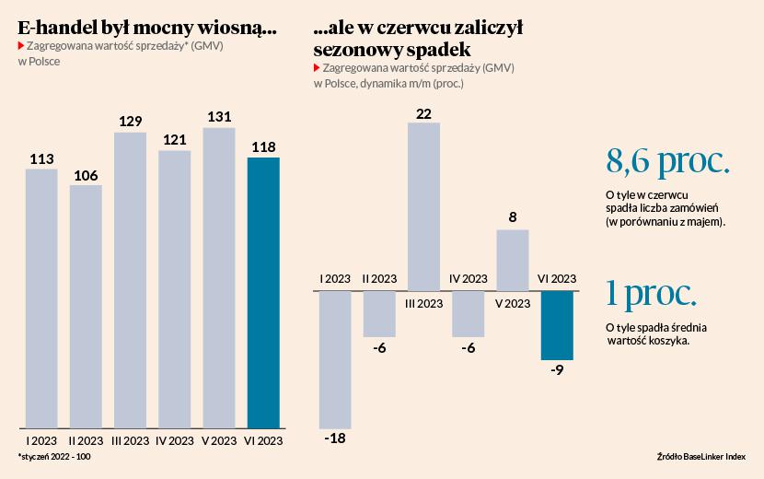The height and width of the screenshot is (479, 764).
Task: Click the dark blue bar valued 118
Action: [263, 293]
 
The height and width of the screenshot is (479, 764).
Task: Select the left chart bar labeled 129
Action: [130, 281]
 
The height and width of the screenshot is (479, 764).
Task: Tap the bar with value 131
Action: [219, 278]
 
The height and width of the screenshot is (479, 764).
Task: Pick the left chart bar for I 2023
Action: [41, 298]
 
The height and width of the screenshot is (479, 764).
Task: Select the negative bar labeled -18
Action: [335, 359]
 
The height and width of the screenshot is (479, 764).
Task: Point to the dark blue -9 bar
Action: [557, 325]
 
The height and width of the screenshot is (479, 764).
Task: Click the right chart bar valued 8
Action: [512, 260]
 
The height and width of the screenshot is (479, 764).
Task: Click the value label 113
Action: [41, 159]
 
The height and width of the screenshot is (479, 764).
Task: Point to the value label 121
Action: [174, 140]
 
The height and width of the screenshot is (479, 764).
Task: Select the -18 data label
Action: [335, 438]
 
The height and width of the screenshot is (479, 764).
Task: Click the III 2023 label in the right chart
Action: [423, 302]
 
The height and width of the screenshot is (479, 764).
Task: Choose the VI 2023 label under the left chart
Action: [263, 441]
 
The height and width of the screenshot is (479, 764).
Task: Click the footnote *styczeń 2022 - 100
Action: [53, 457]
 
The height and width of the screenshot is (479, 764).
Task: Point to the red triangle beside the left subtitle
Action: [21, 45]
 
